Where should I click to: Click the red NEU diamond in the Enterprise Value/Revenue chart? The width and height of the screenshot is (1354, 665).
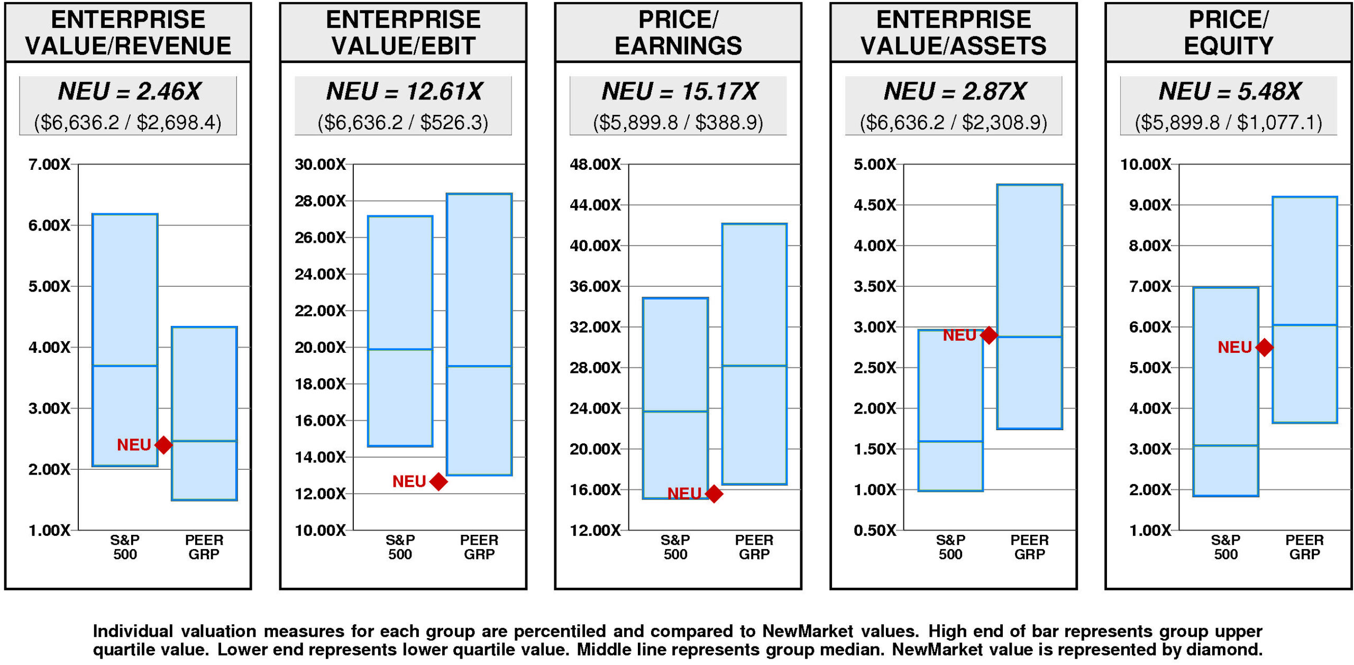[x=163, y=445]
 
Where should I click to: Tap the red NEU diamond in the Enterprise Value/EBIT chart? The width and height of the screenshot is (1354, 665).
[x=438, y=481]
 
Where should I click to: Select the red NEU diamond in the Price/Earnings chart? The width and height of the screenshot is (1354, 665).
[x=714, y=494]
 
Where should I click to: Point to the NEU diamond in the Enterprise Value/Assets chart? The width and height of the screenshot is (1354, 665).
[x=989, y=335]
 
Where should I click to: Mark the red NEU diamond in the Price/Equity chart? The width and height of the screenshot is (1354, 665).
[x=1264, y=347]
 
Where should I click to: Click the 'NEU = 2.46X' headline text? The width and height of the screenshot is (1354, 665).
[x=129, y=92]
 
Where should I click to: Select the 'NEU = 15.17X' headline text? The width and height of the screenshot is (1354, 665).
[x=680, y=92]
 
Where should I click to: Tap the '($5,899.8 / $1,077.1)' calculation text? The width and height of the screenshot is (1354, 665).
[x=1228, y=123]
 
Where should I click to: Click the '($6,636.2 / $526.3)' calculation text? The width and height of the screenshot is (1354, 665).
[x=403, y=123]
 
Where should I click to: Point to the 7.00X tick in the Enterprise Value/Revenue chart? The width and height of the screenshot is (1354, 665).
[x=49, y=165]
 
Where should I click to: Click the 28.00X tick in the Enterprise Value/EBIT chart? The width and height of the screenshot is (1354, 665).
[x=320, y=201]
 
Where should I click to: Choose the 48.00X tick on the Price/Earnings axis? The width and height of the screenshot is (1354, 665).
[x=595, y=165]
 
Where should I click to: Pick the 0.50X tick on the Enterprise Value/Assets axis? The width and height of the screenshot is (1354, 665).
[x=875, y=530]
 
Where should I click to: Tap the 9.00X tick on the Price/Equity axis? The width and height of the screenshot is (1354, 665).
[x=1150, y=205]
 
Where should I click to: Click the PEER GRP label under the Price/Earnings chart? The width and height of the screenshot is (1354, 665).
[x=754, y=547]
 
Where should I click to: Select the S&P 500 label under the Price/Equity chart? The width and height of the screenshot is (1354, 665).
[x=1225, y=547]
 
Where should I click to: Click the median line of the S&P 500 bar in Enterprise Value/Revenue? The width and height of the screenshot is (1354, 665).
[x=125, y=366]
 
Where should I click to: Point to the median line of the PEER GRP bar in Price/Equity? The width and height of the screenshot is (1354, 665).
[x=1305, y=325]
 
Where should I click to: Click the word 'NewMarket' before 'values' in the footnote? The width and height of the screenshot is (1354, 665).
[x=808, y=631]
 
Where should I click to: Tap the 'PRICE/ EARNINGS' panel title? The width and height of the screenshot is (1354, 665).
[x=678, y=33]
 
